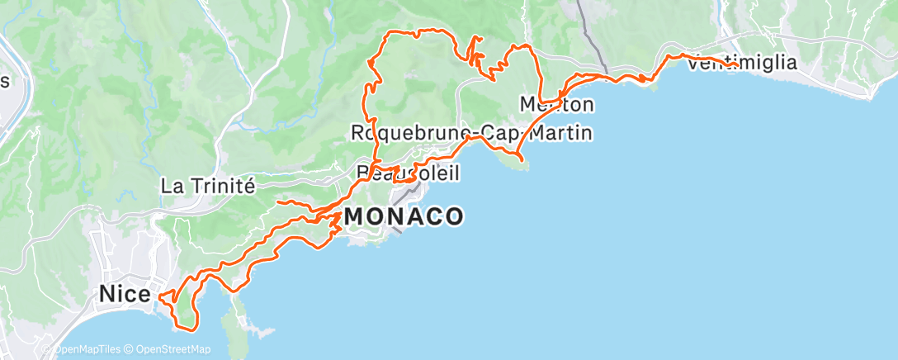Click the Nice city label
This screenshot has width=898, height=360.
pyautogui.click(x=124, y=294)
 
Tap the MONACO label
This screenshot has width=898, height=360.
pyautogui.click(x=404, y=217)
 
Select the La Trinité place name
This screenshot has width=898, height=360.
pyautogui.click(x=206, y=186)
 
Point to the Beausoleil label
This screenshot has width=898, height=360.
pyautogui.click(x=407, y=173)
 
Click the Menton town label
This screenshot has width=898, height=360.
pyautogui.click(x=556, y=105)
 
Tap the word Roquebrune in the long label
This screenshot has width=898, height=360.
pyautogui.click(x=400, y=133)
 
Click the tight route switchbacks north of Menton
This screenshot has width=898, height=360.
pyautogui.click(x=476, y=54)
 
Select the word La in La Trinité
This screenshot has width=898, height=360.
pyautogui.click(x=172, y=186)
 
